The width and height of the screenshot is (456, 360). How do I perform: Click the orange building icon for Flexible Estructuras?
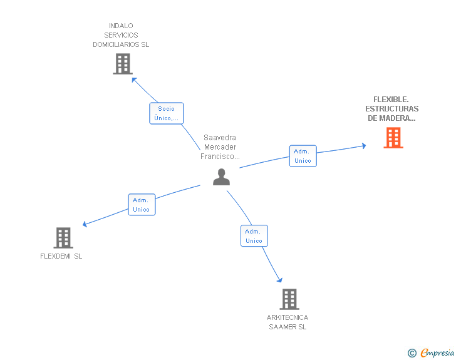[393, 138]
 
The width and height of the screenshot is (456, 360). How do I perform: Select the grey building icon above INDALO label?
[123, 64]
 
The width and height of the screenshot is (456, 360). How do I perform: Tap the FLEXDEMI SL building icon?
[63, 238]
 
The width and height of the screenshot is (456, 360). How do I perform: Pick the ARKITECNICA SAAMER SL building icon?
[289, 299]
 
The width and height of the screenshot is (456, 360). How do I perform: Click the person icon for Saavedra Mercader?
[221, 177]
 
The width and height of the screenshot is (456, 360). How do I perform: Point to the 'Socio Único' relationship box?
[167, 113]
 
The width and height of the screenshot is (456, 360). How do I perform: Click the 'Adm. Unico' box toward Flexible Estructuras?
[303, 156]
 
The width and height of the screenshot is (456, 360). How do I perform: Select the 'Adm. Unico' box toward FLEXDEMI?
[141, 205]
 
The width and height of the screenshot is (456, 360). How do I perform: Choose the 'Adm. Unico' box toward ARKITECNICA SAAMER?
[254, 236]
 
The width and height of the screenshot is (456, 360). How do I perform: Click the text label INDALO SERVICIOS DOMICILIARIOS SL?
[121, 35]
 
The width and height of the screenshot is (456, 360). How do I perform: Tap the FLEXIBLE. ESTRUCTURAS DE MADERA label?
[391, 108]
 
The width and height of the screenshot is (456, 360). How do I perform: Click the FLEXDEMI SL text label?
[61, 256]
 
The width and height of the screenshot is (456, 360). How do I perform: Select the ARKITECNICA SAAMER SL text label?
[288, 322]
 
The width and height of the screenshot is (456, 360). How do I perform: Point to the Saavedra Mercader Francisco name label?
[220, 147]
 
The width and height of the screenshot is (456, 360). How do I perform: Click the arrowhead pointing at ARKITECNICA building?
[279, 280]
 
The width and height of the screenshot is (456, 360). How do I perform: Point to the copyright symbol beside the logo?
[412, 353]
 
